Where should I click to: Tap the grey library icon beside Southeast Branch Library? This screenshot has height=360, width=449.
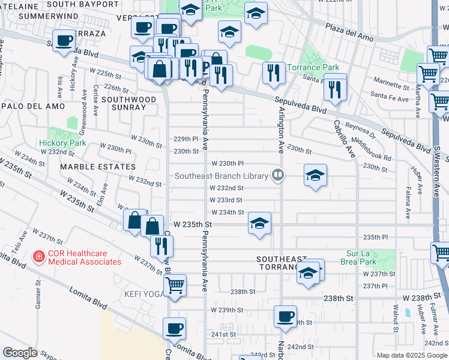click(x=277, y=175)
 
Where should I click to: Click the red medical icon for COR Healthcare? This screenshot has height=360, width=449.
click(x=39, y=257)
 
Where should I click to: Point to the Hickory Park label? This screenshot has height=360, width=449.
click(x=62, y=143)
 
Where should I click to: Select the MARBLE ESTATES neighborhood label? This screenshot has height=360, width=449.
click(x=89, y=166)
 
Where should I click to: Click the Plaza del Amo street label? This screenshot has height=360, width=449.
click(x=349, y=32)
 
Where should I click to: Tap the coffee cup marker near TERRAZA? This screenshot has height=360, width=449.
click(x=64, y=41)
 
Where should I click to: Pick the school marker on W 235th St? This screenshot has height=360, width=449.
click(x=259, y=224)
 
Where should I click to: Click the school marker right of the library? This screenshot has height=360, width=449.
click(x=315, y=175)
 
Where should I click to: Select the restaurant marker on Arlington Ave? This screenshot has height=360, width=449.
click(x=274, y=73)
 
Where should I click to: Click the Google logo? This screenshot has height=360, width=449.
click(x=19, y=353)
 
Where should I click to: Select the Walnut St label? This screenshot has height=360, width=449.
click(x=396, y=318)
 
